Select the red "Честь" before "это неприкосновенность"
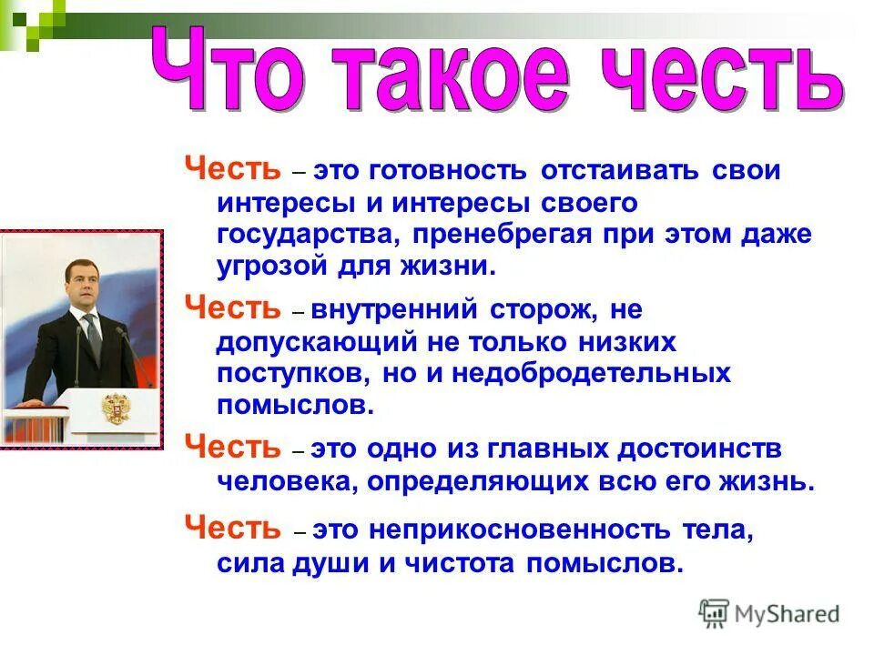tap(233, 528)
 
